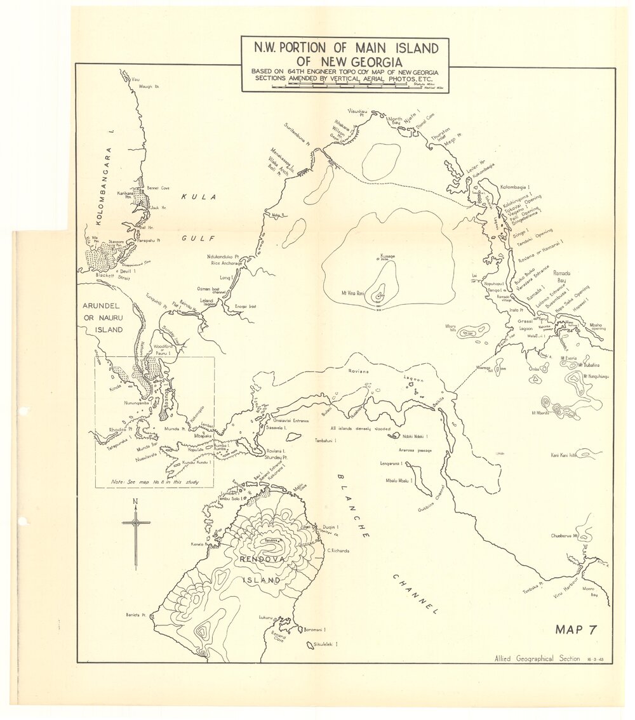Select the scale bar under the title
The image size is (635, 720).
[345, 85]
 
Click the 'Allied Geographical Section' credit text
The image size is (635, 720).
[537, 658]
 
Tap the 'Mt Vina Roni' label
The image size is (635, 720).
[349, 293]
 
